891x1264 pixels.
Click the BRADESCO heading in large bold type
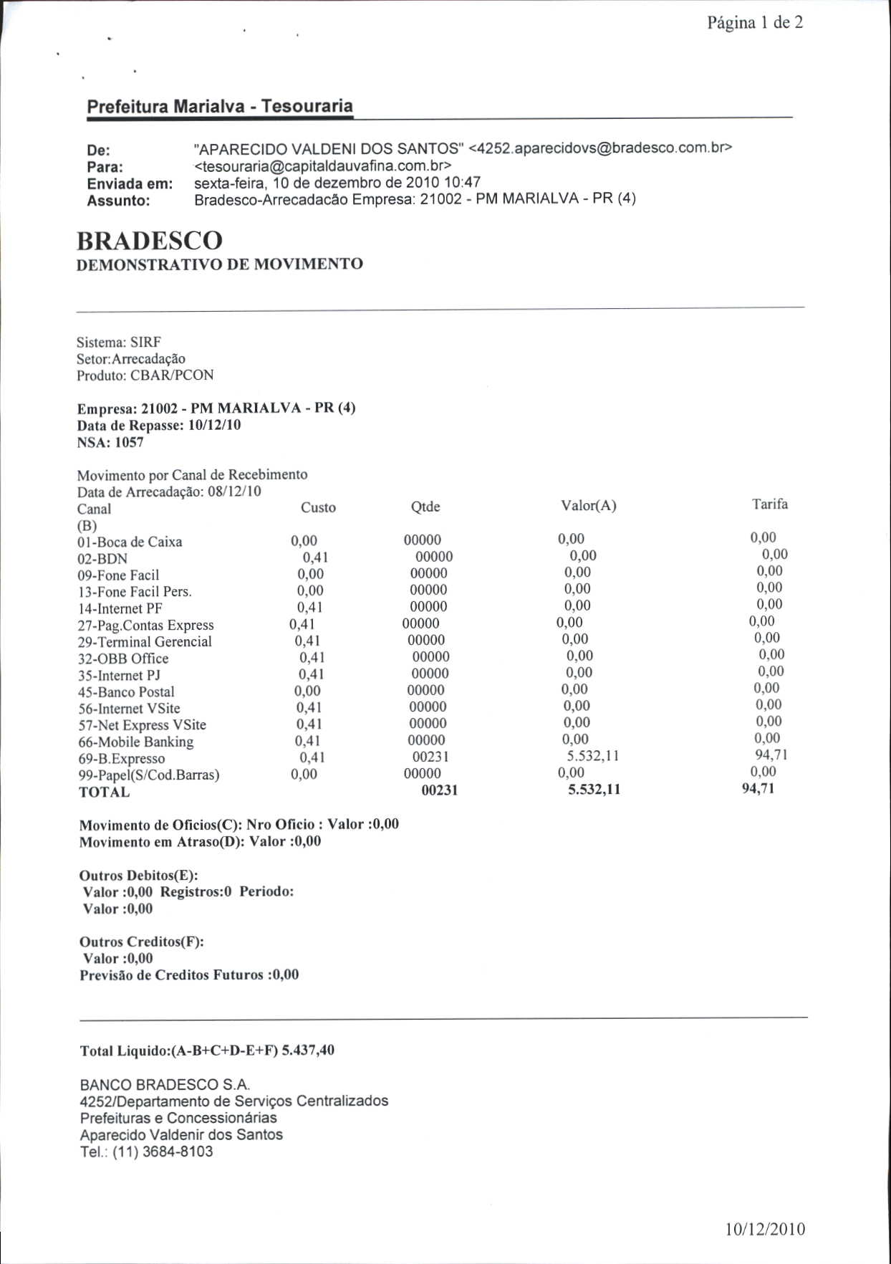coord(150,240)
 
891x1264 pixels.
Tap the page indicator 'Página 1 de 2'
coord(755,23)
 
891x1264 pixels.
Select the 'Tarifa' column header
coord(770,504)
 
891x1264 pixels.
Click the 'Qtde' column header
coord(425,507)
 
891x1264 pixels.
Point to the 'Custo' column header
coord(318,507)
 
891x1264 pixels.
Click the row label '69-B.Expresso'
coord(122,759)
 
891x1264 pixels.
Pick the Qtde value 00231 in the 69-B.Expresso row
coord(430,757)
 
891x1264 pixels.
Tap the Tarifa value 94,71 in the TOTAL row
coord(758,789)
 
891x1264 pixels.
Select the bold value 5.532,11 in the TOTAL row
coord(594,790)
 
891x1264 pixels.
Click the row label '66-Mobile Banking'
coord(136,742)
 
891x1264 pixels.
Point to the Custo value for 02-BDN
coord(315,557)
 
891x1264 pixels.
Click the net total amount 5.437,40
coord(308,1050)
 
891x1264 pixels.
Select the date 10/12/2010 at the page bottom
coord(765,1230)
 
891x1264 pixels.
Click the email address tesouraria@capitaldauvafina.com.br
coord(322,166)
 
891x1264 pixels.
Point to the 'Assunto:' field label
coord(118,201)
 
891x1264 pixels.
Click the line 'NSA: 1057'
coord(110,442)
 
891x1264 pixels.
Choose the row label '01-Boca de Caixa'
coord(130,542)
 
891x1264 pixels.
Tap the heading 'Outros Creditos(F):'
coord(142,942)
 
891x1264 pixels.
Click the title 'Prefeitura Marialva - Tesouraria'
coord(220,107)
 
